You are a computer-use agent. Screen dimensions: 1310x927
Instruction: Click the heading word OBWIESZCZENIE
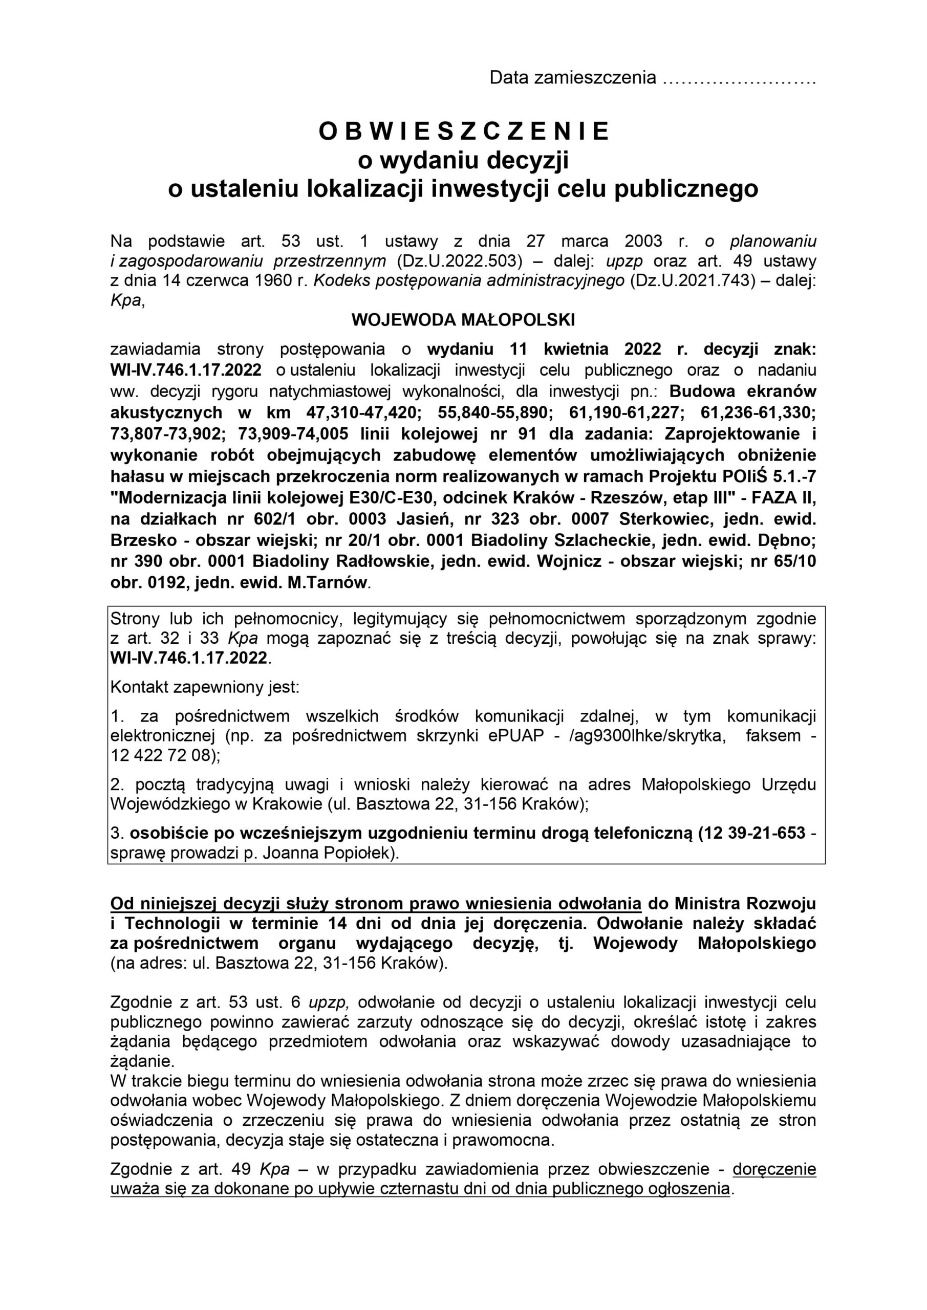tap(464, 132)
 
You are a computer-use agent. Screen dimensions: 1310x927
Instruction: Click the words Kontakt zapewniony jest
tap(205, 687)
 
